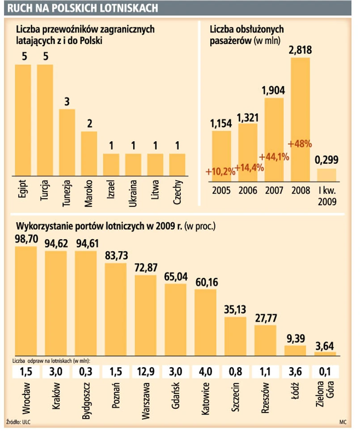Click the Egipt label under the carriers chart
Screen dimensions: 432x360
pos(23,188)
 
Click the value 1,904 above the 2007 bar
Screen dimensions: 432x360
pos(274,90)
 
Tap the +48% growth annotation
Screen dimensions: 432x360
pos(300,144)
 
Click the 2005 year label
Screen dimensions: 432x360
pos(221,190)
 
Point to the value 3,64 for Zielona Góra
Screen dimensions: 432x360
pos(325,345)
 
